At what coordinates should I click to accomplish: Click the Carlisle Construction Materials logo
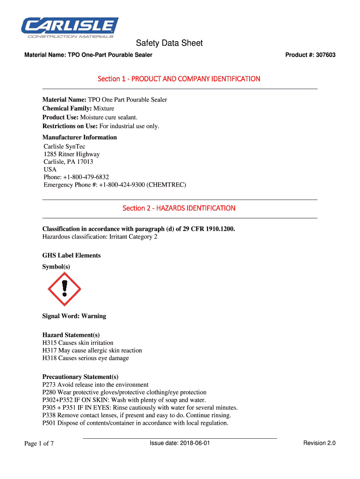70,28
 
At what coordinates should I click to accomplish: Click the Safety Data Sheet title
169,43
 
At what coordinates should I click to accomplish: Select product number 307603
325,55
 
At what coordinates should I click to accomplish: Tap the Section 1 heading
179,79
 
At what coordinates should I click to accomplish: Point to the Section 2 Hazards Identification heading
179,208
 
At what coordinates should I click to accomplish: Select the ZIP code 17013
85,162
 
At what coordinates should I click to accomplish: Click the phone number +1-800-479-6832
87,177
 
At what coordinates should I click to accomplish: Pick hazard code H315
50,343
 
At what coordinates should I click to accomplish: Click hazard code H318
50,358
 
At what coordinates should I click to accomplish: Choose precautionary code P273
49,385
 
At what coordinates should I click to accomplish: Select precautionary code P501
49,423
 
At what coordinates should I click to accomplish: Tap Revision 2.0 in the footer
319,443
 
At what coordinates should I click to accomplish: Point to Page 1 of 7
39,443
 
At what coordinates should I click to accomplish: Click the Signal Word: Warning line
74,316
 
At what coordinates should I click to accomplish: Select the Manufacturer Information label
79,138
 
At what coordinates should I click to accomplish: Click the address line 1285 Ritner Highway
72,154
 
